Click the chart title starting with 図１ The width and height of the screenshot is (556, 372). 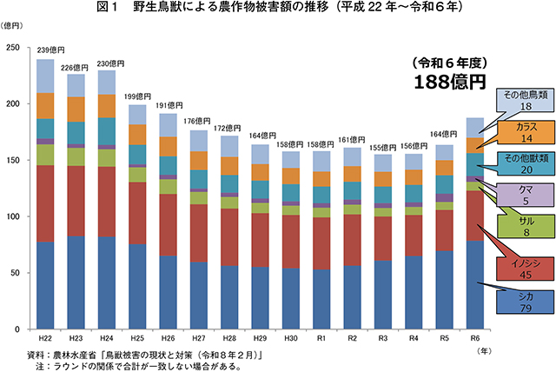coord(278,9)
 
